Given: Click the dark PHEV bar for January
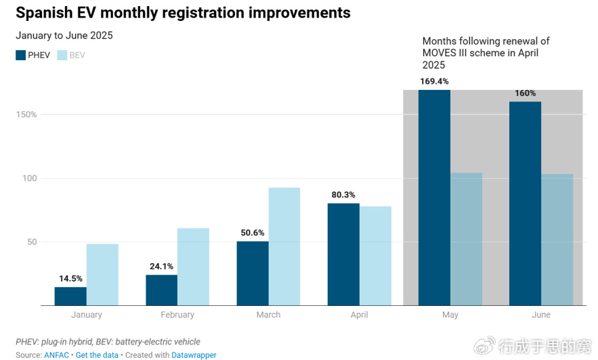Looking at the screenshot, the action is tap(70, 296).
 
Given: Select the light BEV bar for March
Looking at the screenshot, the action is tap(284, 246).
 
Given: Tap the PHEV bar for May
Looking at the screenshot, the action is tap(434, 198).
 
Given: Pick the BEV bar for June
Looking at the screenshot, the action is tap(557, 240).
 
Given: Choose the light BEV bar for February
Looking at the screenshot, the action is tap(194, 267).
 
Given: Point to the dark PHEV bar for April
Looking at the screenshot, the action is tap(343, 254).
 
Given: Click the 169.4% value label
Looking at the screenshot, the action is tap(434, 81).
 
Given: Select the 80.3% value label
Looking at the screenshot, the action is tap(343, 195).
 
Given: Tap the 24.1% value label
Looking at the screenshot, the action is tap(161, 267).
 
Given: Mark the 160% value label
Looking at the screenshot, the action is tap(525, 93).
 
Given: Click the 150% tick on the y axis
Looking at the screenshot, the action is tap(26, 114).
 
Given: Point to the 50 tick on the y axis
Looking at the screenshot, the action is tap(32, 242).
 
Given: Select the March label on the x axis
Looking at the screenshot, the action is tap(268, 315).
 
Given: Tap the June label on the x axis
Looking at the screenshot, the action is tap(541, 315).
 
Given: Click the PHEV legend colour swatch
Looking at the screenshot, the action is tap(20, 55).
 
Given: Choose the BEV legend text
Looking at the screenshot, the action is tap(77, 55).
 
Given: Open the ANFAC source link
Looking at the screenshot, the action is tap(56, 355).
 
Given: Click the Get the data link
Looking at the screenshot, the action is tap(97, 355).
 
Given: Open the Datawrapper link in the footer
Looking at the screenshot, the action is tap(194, 355).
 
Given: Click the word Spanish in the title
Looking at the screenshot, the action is tap(44, 13).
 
